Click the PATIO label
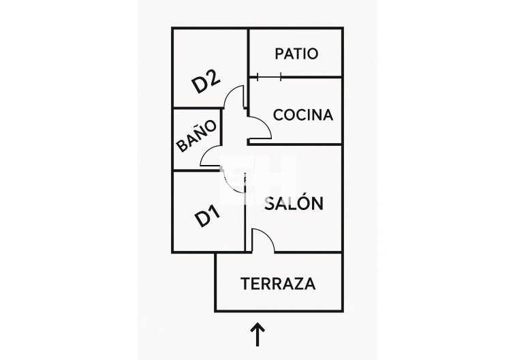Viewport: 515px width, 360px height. click(296, 53)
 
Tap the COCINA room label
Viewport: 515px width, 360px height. click(303, 115)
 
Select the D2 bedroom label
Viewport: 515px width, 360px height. click(206, 82)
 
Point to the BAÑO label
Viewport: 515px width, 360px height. click(197, 136)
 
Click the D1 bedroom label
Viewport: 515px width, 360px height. click(208, 216)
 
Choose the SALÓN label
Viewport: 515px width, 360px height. click(293, 203)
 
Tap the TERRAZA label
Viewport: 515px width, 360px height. click(278, 284)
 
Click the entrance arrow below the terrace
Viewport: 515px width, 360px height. click(257, 335)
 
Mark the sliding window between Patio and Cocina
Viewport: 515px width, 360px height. click(269, 76)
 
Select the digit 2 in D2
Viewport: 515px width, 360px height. click(213, 78)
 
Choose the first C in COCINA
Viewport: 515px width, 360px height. click(278, 115)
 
